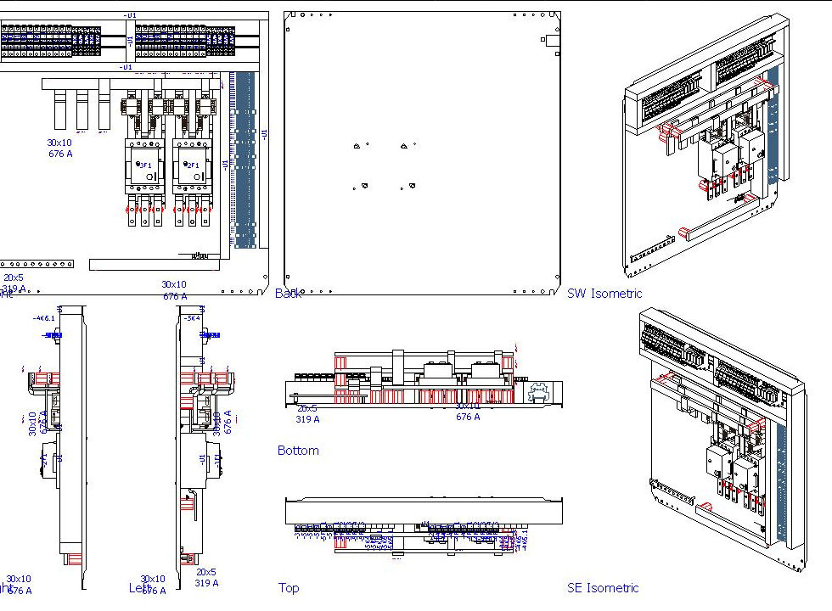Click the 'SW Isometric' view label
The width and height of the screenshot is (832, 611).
point(604,294)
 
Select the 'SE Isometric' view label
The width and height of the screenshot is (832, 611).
point(603,587)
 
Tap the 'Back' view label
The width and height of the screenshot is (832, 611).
point(288,294)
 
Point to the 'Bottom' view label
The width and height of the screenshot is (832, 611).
point(298,451)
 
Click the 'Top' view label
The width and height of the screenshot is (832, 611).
point(289,587)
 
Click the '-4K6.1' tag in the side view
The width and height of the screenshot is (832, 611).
point(43,318)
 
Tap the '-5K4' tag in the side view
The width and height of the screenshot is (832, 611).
point(191,318)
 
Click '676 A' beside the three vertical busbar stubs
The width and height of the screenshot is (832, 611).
point(60,154)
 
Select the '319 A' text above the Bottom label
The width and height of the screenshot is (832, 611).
point(307,419)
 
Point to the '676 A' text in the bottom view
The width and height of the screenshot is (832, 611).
point(468,417)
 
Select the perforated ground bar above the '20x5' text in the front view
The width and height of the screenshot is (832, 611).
point(36,264)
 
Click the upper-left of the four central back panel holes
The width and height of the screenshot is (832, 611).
point(356,147)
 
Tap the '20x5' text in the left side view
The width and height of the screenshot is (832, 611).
point(206,572)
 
